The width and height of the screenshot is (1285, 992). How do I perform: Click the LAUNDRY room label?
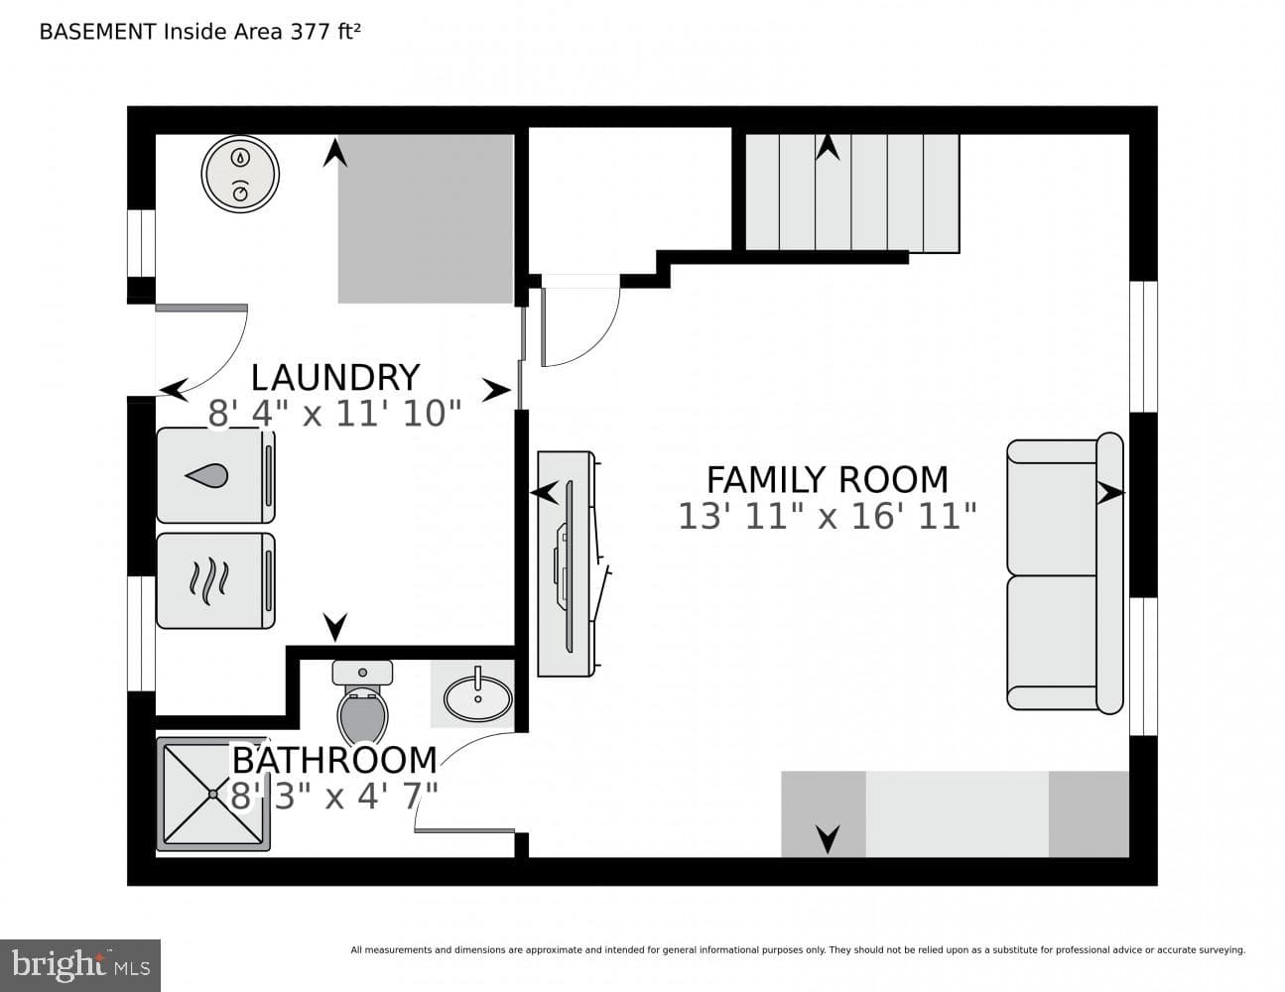pos(335,378)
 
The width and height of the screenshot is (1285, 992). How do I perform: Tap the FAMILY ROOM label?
pos(828,479)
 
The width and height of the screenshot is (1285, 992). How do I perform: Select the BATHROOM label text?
pos(334,760)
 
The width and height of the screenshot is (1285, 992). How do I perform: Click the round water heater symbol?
pos(240,175)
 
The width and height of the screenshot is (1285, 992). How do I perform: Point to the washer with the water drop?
pos(216,476)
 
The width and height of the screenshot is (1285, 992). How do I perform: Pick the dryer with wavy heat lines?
pos(216,580)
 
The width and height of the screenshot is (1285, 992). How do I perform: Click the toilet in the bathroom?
pos(362,701)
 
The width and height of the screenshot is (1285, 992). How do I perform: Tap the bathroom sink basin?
pos(478,697)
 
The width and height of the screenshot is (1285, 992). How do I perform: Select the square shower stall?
pos(213,794)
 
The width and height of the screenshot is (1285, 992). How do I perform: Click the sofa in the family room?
pos(1065,573)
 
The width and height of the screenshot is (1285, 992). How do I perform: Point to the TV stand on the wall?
pos(566,564)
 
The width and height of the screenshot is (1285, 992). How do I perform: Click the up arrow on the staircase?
pos(828,147)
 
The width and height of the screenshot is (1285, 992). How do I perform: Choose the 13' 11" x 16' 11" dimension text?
pos(827,516)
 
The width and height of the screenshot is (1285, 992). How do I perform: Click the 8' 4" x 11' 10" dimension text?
pos(334,414)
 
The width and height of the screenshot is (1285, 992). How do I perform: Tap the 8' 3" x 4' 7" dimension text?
pos(333,796)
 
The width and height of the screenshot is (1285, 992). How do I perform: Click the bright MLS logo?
pos(80,966)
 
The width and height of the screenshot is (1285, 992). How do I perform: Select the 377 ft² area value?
pos(325,32)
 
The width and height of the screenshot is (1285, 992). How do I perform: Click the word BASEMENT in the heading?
pos(97,32)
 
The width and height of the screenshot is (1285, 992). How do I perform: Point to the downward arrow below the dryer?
pos(335,628)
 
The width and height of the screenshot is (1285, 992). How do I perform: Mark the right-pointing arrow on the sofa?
pos(1110,492)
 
